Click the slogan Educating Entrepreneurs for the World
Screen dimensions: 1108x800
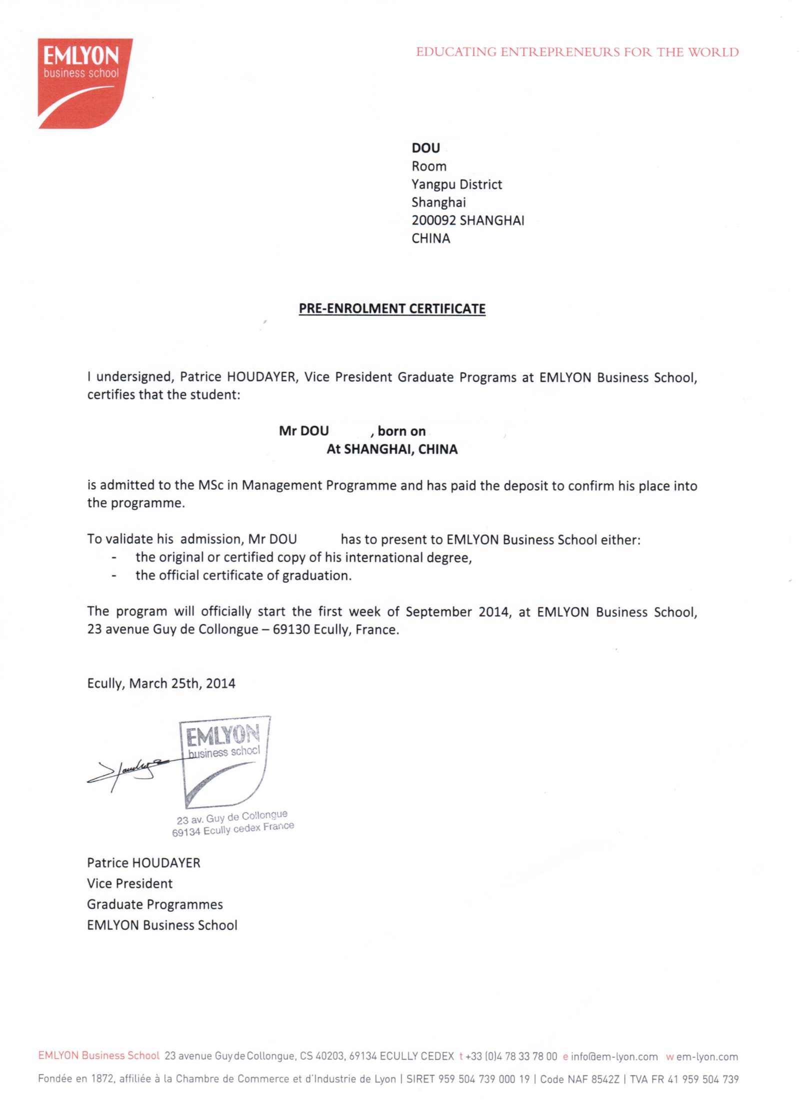click(x=577, y=52)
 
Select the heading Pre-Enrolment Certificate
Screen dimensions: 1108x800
click(x=392, y=308)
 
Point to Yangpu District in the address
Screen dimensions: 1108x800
click(x=456, y=184)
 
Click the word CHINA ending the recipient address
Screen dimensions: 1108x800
click(x=430, y=238)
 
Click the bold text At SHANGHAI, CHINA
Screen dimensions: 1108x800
click(x=392, y=449)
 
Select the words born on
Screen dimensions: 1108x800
click(x=401, y=431)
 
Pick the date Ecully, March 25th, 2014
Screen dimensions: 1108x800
click(x=161, y=683)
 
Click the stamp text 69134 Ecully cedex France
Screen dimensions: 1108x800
click(x=233, y=829)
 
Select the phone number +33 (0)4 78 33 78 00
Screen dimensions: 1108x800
click(x=510, y=1056)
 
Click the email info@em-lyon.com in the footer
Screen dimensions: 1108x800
click(x=614, y=1056)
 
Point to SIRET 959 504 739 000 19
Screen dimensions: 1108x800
click(x=467, y=1079)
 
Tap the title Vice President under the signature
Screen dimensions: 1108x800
click(x=129, y=883)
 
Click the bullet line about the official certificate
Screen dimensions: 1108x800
click(x=243, y=575)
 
